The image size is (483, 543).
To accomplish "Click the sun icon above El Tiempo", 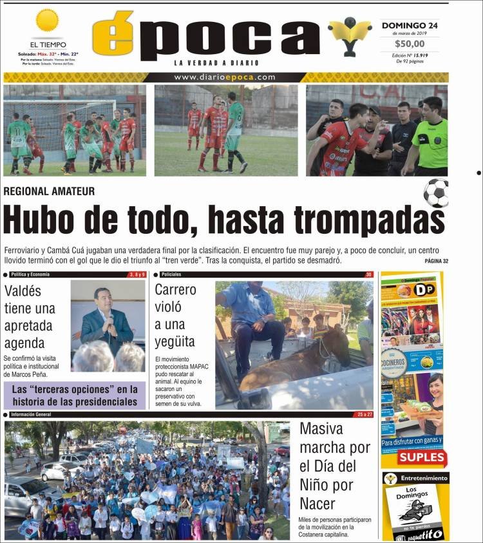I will [47, 21].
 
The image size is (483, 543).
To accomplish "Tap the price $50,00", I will [410, 44].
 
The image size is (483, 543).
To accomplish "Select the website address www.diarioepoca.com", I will [225, 77].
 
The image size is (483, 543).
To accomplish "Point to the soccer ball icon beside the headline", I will [436, 192].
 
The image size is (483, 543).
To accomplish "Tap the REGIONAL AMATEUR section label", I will [49, 191].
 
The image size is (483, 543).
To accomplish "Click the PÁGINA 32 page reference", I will [436, 261].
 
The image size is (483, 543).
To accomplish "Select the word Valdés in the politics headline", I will [23, 291].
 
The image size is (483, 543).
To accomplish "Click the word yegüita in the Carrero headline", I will [175, 341].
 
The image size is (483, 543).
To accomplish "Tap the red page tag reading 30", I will [368, 275].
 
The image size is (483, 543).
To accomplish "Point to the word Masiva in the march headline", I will [321, 429].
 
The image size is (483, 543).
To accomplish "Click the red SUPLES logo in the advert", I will [422, 457].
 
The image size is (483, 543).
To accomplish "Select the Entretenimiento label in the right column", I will [424, 479].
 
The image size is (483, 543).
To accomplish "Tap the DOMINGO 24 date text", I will [410, 26].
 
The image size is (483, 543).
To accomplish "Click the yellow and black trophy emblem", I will [350, 35].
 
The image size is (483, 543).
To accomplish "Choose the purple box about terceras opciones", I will [75, 395].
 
